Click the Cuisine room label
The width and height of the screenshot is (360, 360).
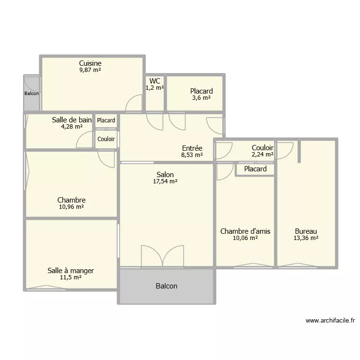point(90,63)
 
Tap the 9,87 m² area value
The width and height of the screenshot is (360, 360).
point(90,70)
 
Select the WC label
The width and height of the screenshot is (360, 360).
point(155,81)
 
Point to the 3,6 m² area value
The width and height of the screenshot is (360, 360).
point(201,98)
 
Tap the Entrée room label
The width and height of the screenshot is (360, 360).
point(192,148)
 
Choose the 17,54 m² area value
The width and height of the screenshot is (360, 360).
point(165,181)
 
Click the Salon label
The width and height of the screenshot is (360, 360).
point(165,175)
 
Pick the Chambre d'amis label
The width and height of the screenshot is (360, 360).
point(245,231)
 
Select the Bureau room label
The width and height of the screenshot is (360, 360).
point(306,231)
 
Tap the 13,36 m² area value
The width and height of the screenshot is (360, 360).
point(306,238)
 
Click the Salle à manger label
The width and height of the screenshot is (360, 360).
point(71,271)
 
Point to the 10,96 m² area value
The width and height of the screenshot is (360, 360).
point(72,207)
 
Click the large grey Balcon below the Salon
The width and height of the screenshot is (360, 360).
point(167,286)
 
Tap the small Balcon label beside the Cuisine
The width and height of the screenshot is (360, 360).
point(32,94)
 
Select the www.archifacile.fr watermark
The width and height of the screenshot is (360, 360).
point(330,321)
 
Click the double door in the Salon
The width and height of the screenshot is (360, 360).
point(162,256)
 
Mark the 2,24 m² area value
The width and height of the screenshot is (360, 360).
point(263,155)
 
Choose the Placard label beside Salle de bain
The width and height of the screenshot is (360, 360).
point(106,120)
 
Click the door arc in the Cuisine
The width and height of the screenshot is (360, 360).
point(135,103)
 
